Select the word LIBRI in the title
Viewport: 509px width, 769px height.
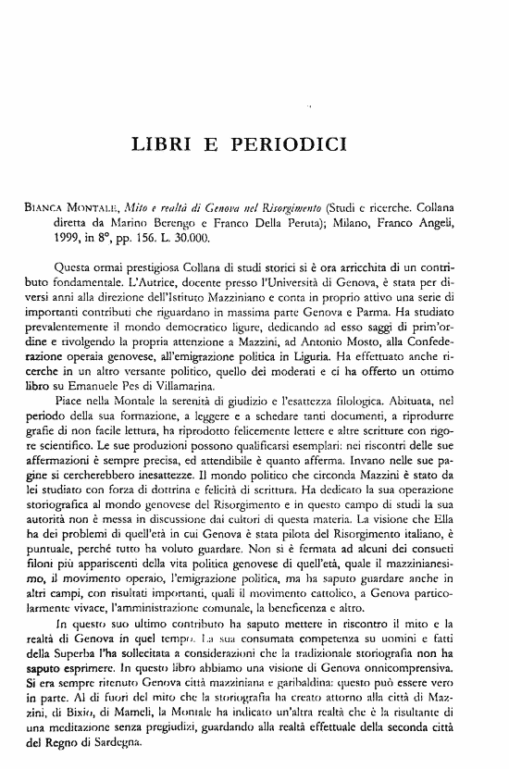[x=165, y=144]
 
